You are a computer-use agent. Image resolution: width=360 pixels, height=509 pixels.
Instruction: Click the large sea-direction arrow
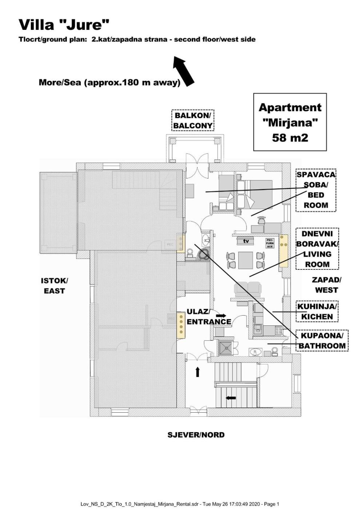click(184, 71)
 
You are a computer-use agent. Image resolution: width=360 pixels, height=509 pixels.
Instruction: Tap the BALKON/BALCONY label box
click(193, 121)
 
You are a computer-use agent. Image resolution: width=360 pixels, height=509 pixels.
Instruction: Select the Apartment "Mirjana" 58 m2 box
click(290, 122)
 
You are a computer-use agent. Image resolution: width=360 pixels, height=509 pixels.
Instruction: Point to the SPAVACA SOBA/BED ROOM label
click(316, 190)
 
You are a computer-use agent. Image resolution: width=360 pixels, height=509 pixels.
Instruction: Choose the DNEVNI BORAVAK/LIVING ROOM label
click(317, 249)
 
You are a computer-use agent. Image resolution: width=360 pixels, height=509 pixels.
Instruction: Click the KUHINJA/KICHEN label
click(317, 312)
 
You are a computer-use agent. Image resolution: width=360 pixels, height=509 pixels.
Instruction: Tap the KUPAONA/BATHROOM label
click(322, 341)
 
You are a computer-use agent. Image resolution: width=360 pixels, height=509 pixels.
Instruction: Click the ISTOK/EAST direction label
click(54, 286)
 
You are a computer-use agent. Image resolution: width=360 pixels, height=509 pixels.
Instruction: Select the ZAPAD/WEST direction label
click(327, 285)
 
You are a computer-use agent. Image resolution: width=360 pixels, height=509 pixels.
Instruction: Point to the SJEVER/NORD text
click(196, 435)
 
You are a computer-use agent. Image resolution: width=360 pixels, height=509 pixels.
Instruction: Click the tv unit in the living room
click(246, 241)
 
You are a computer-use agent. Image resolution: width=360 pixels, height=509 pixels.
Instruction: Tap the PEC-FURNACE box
click(270, 243)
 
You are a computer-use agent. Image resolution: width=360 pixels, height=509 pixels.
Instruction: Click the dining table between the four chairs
click(245, 260)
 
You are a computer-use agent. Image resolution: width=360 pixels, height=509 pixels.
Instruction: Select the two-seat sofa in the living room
click(248, 289)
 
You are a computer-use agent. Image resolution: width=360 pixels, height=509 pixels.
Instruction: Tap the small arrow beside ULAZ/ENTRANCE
click(221, 315)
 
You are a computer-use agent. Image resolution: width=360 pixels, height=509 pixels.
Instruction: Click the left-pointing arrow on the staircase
click(231, 398)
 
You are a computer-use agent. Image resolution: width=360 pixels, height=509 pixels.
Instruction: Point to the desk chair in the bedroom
click(261, 220)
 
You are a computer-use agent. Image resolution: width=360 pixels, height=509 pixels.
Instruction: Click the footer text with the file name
click(180, 504)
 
